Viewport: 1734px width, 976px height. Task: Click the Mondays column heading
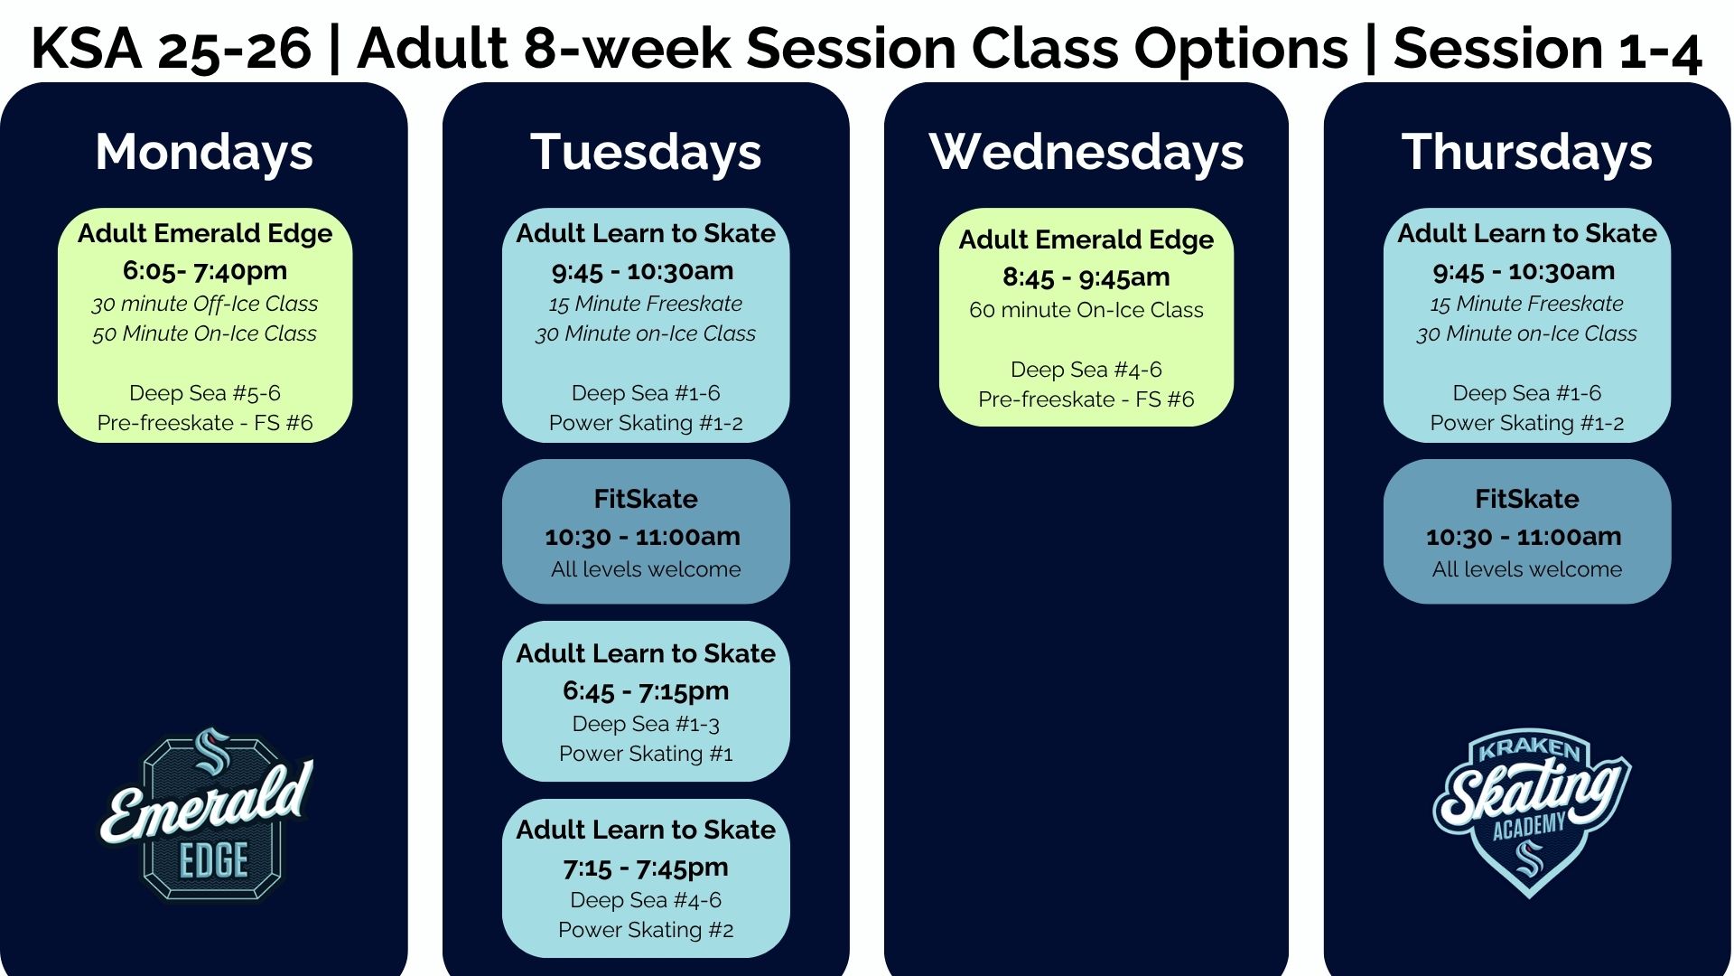click(204, 152)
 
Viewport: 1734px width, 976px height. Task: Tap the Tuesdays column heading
click(646, 152)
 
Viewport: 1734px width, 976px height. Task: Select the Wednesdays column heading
click(1086, 152)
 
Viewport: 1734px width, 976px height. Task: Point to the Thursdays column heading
click(1526, 152)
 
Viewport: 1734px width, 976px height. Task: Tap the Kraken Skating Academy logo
click(1530, 810)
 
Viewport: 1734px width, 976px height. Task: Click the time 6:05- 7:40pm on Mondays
click(205, 270)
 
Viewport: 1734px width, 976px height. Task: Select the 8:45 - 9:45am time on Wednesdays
click(1086, 277)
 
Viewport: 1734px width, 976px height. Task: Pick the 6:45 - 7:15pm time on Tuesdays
click(646, 691)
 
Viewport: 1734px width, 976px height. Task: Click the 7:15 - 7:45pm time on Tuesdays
click(646, 868)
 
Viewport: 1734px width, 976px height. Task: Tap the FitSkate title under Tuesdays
click(646, 499)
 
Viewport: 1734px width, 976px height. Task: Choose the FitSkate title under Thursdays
click(1526, 499)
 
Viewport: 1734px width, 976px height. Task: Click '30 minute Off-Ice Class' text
click(205, 304)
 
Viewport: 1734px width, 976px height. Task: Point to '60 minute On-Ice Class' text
click(1086, 310)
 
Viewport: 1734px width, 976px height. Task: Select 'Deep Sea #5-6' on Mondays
click(205, 393)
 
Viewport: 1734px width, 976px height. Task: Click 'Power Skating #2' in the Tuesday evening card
click(646, 930)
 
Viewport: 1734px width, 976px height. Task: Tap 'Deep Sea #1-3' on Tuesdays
click(646, 724)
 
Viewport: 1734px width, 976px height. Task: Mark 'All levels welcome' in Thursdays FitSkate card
click(1526, 569)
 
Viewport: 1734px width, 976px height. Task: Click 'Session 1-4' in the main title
click(1547, 49)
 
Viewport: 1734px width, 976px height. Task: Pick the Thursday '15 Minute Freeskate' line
click(1526, 304)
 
